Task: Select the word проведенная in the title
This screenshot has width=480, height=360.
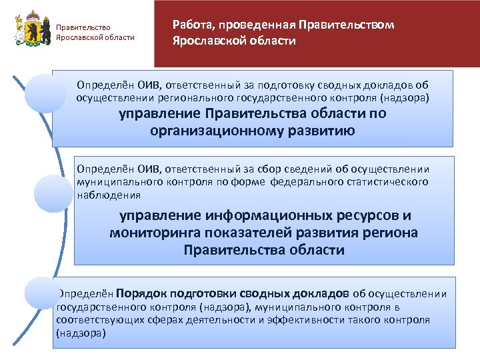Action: pos(252,25)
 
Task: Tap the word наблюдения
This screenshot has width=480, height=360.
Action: pos(109,196)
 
